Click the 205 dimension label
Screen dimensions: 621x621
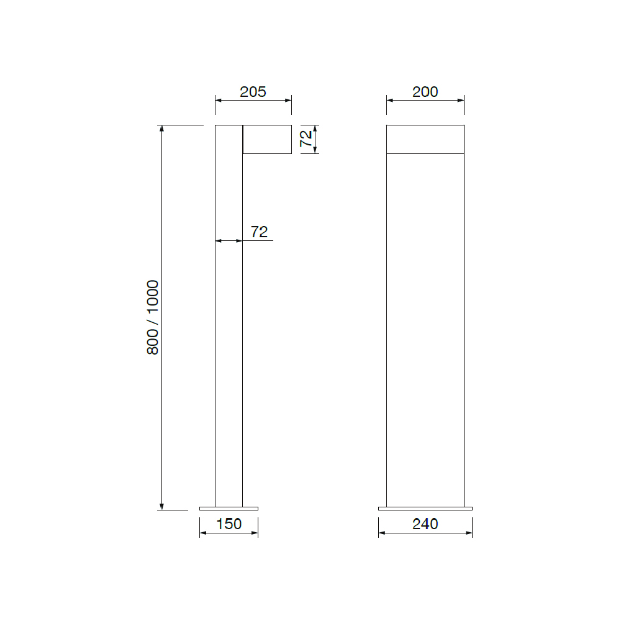click(253, 92)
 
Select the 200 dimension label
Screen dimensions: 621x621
click(425, 92)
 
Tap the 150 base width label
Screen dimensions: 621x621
click(229, 524)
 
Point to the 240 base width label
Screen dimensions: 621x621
click(425, 524)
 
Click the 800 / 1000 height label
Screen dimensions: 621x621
click(153, 317)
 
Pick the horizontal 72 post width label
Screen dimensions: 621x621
click(259, 232)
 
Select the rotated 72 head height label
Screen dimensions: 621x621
click(306, 138)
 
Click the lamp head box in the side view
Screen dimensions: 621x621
click(267, 139)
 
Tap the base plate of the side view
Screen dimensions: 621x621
click(229, 509)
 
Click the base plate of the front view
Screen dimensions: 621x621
click(425, 509)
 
